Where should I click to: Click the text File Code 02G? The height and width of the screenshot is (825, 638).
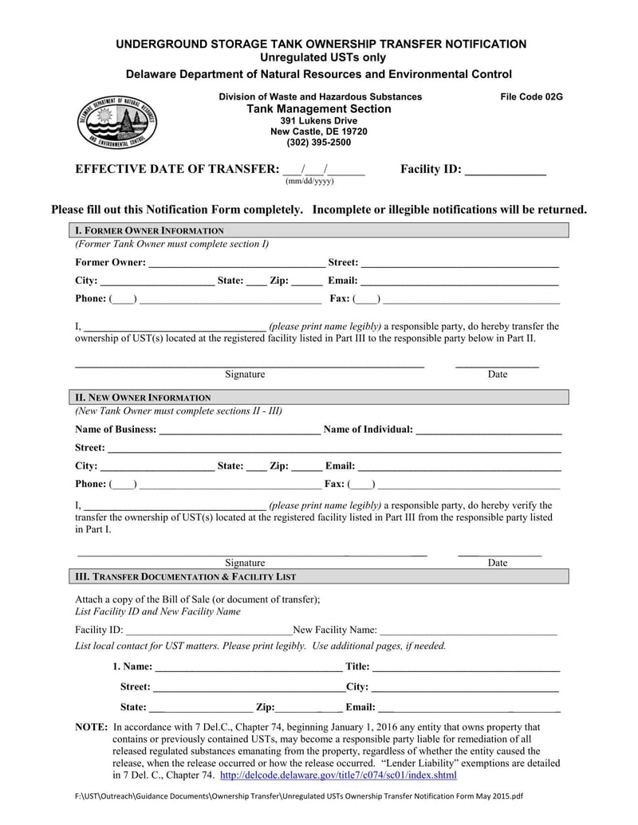(531, 96)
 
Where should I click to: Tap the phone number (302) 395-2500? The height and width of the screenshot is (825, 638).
(318, 143)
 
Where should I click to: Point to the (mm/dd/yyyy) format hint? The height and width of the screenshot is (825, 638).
(309, 182)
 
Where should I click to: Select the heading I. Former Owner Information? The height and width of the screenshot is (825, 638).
(149, 230)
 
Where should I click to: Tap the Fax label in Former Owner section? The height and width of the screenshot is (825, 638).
(339, 299)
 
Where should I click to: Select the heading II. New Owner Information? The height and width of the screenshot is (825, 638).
(143, 397)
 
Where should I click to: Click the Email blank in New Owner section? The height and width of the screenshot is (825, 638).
(459, 467)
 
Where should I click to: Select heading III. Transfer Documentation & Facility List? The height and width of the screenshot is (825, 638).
(185, 576)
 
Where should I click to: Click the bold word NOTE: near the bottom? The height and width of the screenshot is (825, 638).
(90, 727)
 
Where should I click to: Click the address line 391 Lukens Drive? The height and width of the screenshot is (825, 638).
(318, 120)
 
